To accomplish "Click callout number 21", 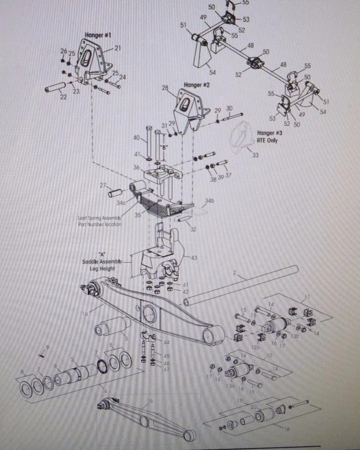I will (117, 48).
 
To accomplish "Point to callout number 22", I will (63, 97).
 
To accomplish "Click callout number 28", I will (165, 89).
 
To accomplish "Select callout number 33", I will (254, 154).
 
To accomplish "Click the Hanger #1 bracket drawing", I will (93, 62).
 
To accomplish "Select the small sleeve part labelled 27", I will (116, 194).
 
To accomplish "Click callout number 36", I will (136, 167).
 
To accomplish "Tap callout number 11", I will (307, 296).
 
